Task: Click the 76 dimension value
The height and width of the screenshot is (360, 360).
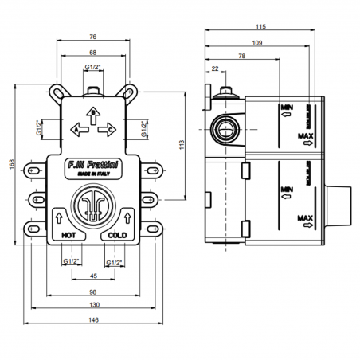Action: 93,37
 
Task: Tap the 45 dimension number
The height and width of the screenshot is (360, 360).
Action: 93,276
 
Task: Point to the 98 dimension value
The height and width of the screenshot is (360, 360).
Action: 93,292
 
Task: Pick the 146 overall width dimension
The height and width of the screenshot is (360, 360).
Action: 93,320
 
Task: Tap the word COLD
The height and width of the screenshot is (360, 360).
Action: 117,236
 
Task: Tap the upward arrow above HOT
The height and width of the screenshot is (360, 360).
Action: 61,218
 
